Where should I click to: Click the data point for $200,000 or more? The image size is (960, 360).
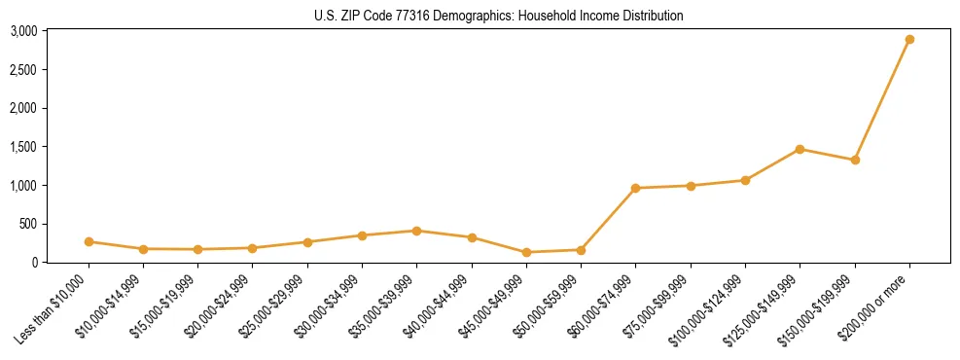pos(909,40)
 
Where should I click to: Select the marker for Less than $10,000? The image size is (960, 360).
pos(89,241)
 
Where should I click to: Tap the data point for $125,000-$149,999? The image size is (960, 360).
pos(800,149)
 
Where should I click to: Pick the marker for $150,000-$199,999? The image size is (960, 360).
pos(855,160)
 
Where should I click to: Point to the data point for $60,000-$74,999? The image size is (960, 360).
pos(635,188)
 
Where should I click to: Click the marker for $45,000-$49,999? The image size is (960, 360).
pos(526,252)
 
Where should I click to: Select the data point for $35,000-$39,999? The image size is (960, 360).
pos(416,231)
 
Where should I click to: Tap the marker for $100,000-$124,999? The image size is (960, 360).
pos(745,180)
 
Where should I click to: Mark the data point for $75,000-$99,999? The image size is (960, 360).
pos(691,185)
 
